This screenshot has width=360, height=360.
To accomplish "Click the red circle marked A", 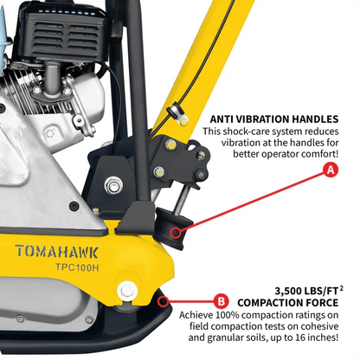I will tap(330, 172).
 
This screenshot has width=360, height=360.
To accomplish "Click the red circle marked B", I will tap(221, 301).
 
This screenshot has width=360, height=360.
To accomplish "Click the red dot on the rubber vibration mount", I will tap(176, 231).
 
